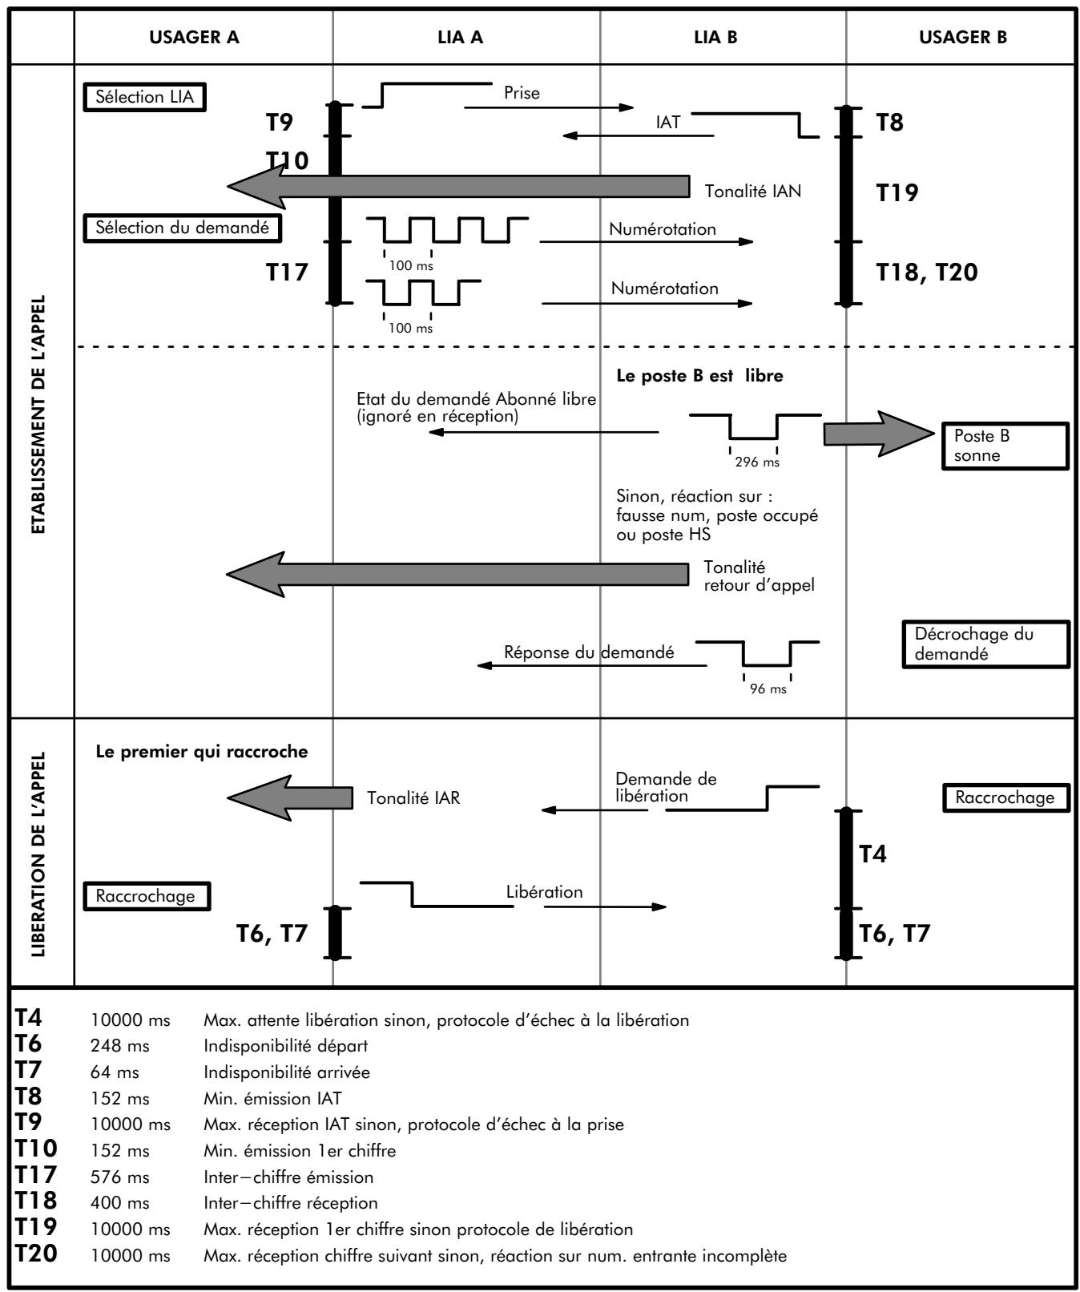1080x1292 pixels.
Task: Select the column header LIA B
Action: (x=715, y=37)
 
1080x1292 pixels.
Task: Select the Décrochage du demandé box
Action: (x=985, y=644)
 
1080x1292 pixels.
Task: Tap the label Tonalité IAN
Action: (x=753, y=192)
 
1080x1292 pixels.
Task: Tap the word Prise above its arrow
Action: (x=522, y=93)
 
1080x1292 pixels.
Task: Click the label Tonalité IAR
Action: (x=413, y=798)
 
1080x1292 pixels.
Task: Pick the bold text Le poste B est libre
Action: (x=694, y=376)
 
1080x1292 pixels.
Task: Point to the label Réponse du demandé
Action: (x=589, y=652)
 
